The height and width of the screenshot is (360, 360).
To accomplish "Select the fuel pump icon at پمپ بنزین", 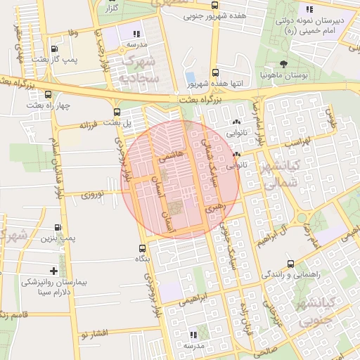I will (x=57, y=228).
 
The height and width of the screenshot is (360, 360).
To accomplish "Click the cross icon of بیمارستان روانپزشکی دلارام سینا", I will (x=53, y=271).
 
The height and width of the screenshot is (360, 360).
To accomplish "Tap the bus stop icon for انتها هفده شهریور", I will (x=214, y=72).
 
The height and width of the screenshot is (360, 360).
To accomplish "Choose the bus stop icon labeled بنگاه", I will (x=143, y=248).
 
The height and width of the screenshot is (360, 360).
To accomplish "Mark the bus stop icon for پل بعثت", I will (x=117, y=112).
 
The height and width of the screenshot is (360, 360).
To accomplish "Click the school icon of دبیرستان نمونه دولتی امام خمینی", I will (x=308, y=9).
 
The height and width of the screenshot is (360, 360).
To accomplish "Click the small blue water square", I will (x=190, y=77).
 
